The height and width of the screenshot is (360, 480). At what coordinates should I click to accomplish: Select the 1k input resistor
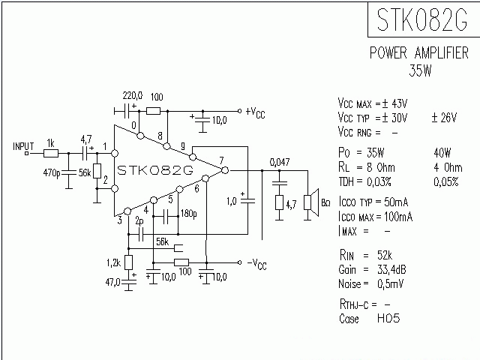(x=51, y=153)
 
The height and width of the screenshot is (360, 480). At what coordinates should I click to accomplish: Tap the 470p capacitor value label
(x=52, y=173)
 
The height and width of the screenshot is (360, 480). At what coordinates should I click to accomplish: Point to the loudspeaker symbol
(x=309, y=202)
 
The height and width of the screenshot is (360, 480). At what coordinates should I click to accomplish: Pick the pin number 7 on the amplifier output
(x=221, y=160)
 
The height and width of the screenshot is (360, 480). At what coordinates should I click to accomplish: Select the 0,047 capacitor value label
(x=280, y=162)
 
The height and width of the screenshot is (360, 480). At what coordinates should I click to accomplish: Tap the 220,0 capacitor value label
(x=133, y=97)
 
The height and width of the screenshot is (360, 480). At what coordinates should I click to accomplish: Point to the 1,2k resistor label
(x=113, y=262)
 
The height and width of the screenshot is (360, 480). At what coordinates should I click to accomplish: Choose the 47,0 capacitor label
(x=113, y=282)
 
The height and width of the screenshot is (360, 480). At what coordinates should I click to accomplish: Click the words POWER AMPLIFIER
(x=419, y=54)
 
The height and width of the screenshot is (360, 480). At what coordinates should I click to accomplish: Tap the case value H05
(x=388, y=319)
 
